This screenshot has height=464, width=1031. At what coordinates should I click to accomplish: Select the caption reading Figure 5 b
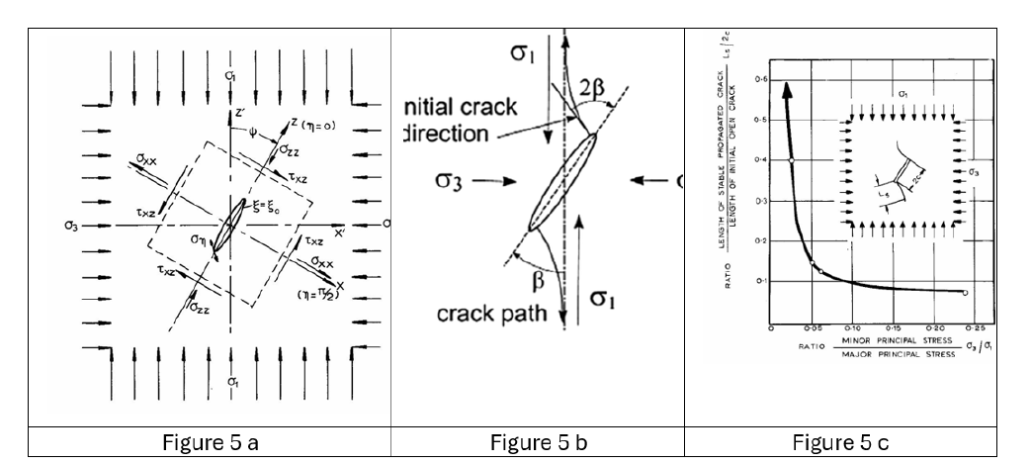click(537, 441)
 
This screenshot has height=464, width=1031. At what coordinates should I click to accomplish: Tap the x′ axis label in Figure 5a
click(339, 232)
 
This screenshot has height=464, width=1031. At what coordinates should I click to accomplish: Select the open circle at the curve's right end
click(965, 292)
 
